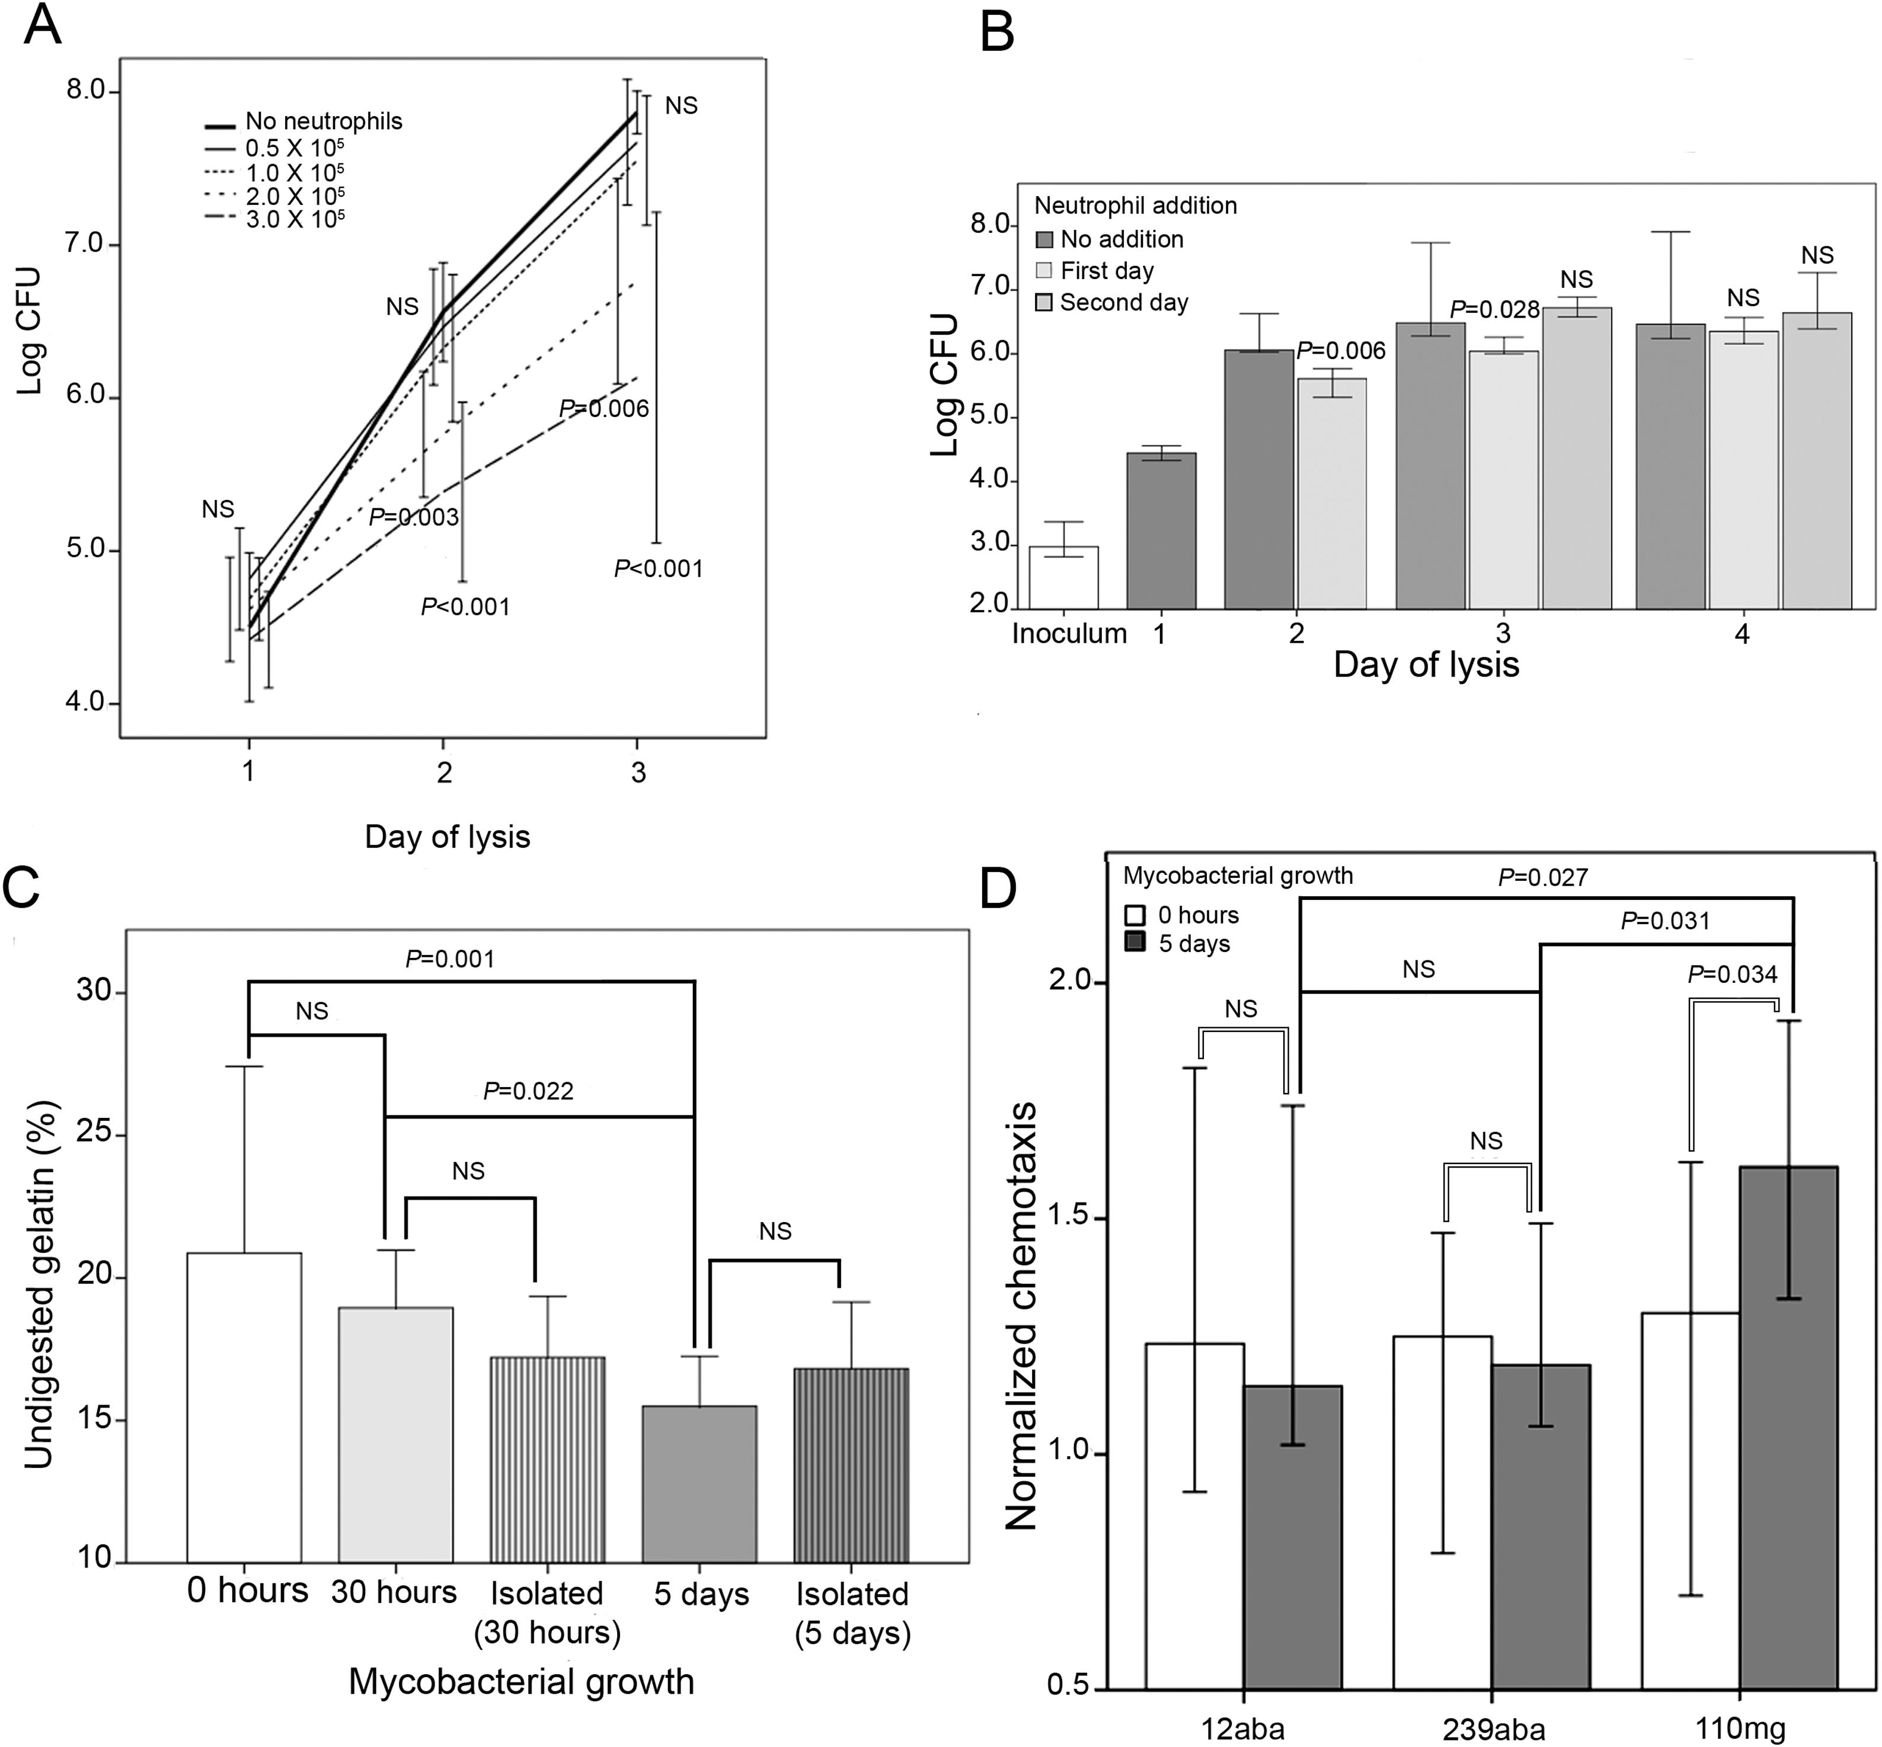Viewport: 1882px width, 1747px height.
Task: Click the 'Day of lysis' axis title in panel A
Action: pyautogui.click(x=448, y=836)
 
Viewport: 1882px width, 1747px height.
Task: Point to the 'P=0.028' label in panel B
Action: pyautogui.click(x=1494, y=309)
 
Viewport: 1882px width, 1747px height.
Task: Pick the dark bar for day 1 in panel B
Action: pyautogui.click(x=1161, y=530)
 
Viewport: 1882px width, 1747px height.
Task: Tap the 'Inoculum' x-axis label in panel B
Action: pyautogui.click(x=1069, y=633)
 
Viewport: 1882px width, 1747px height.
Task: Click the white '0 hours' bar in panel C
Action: pyautogui.click(x=244, y=1409)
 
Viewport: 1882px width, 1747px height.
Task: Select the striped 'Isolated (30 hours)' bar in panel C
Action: pyautogui.click(x=547, y=1460)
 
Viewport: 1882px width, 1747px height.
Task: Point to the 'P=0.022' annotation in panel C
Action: pyautogui.click(x=528, y=1091)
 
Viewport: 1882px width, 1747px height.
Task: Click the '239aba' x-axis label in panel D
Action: pyautogui.click(x=1493, y=1729)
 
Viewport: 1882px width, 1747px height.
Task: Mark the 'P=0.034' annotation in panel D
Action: pyautogui.click(x=1733, y=974)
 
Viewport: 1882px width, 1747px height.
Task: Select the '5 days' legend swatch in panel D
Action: pyautogui.click(x=1135, y=944)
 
